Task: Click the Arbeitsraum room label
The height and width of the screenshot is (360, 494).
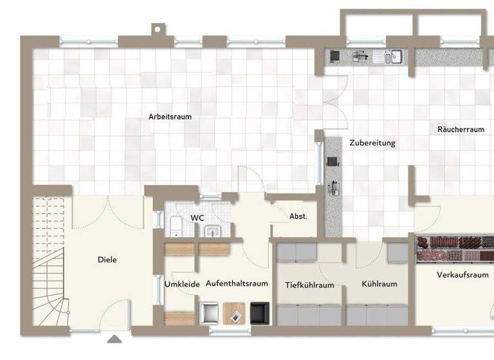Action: (x=170, y=117)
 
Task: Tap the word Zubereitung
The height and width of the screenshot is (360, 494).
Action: (x=372, y=143)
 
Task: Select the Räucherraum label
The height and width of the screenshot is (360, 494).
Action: (x=461, y=129)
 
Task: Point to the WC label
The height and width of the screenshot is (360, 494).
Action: (x=197, y=218)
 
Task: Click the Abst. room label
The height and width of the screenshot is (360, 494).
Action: (x=298, y=217)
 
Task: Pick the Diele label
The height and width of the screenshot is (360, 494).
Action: (x=107, y=260)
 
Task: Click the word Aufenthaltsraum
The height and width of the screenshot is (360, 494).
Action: (x=237, y=283)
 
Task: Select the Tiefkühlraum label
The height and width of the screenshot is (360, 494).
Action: (x=309, y=285)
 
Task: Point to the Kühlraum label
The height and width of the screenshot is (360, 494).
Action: (x=379, y=283)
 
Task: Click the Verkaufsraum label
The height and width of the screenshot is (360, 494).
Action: (x=462, y=274)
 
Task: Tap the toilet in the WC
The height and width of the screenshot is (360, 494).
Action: (x=176, y=226)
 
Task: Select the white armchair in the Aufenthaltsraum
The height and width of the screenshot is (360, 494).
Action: (x=208, y=312)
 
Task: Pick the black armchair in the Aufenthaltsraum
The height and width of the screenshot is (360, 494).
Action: (x=259, y=312)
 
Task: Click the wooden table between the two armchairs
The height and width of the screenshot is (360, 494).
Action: (x=234, y=313)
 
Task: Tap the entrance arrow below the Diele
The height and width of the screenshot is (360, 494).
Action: (x=114, y=339)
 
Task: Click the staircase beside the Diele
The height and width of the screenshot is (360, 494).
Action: (x=48, y=270)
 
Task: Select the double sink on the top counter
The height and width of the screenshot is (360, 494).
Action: (x=394, y=57)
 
